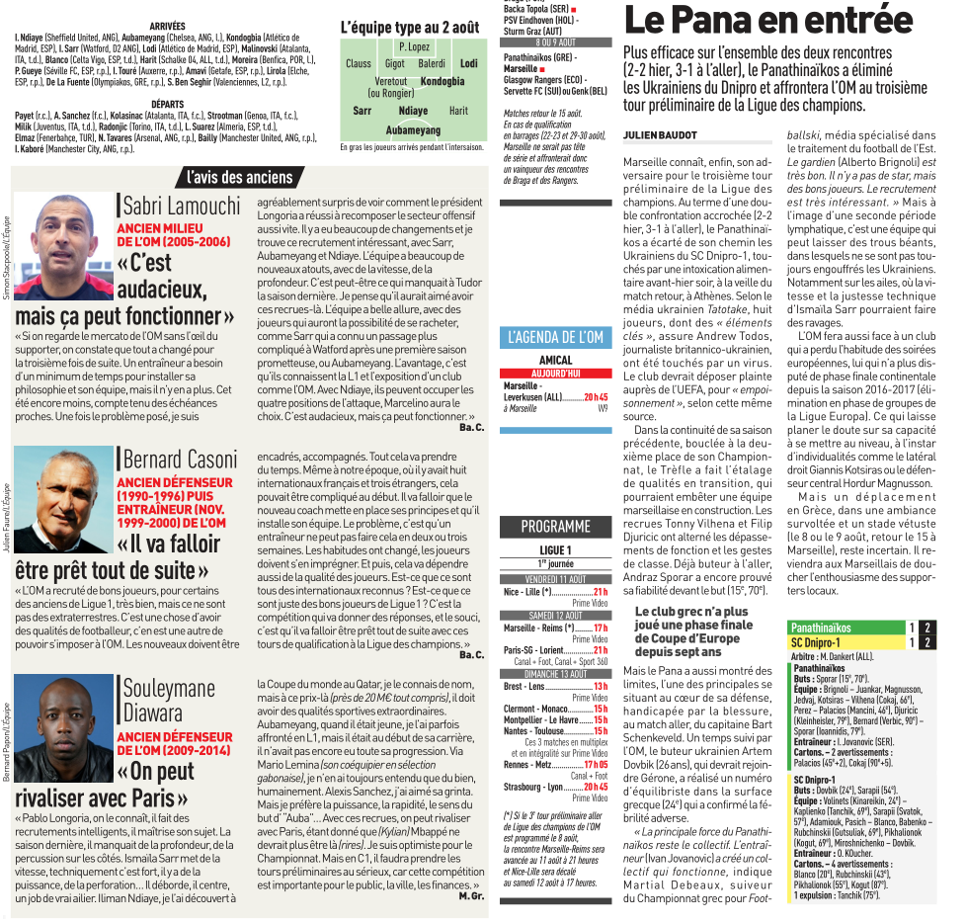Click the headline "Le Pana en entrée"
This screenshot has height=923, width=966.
tap(768, 21)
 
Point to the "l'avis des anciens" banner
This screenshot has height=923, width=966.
tap(240, 178)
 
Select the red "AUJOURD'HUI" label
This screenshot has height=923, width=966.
tap(555, 373)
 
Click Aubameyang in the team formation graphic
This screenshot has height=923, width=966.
tap(413, 129)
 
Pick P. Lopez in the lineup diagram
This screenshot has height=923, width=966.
tap(414, 46)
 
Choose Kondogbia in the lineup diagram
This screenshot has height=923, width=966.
tap(442, 82)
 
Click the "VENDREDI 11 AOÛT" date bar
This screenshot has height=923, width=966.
tap(555, 578)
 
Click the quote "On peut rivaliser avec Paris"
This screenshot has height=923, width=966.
tap(106, 785)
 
